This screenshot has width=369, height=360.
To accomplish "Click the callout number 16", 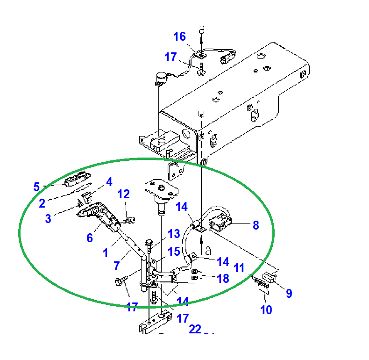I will click(x=179, y=36).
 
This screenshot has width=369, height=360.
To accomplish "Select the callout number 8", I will click(x=255, y=225).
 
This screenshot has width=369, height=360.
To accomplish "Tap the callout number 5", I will click(x=36, y=187).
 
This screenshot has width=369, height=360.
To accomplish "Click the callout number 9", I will click(x=289, y=293).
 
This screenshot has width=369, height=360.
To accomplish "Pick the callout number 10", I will click(x=266, y=310).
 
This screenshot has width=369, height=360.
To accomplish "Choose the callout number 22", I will click(x=195, y=329).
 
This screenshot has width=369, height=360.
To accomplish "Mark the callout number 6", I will click(x=90, y=238).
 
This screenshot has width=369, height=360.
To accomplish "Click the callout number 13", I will click(x=174, y=233).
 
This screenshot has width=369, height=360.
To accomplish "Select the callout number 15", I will click(x=174, y=252).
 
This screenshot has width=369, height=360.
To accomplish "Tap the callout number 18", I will click(x=223, y=278).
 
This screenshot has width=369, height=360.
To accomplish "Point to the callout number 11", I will click(x=239, y=268).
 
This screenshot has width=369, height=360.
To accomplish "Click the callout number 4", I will click(x=109, y=181).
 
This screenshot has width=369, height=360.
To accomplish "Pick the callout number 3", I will click(x=48, y=218).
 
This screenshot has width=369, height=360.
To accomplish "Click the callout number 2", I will click(x=42, y=202).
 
